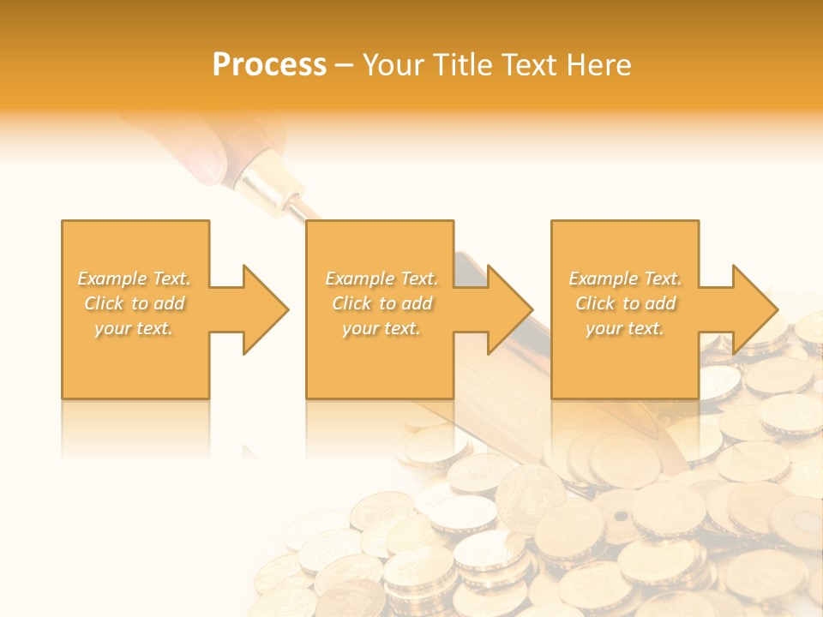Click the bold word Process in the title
(x=269, y=65)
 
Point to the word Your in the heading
(x=393, y=65)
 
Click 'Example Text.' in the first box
(x=135, y=279)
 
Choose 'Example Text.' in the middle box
(x=381, y=279)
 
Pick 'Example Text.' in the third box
(x=625, y=279)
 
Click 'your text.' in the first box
(x=134, y=328)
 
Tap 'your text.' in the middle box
(x=381, y=328)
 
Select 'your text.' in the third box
(x=624, y=328)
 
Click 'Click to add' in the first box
(x=135, y=303)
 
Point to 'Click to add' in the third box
(x=625, y=303)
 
